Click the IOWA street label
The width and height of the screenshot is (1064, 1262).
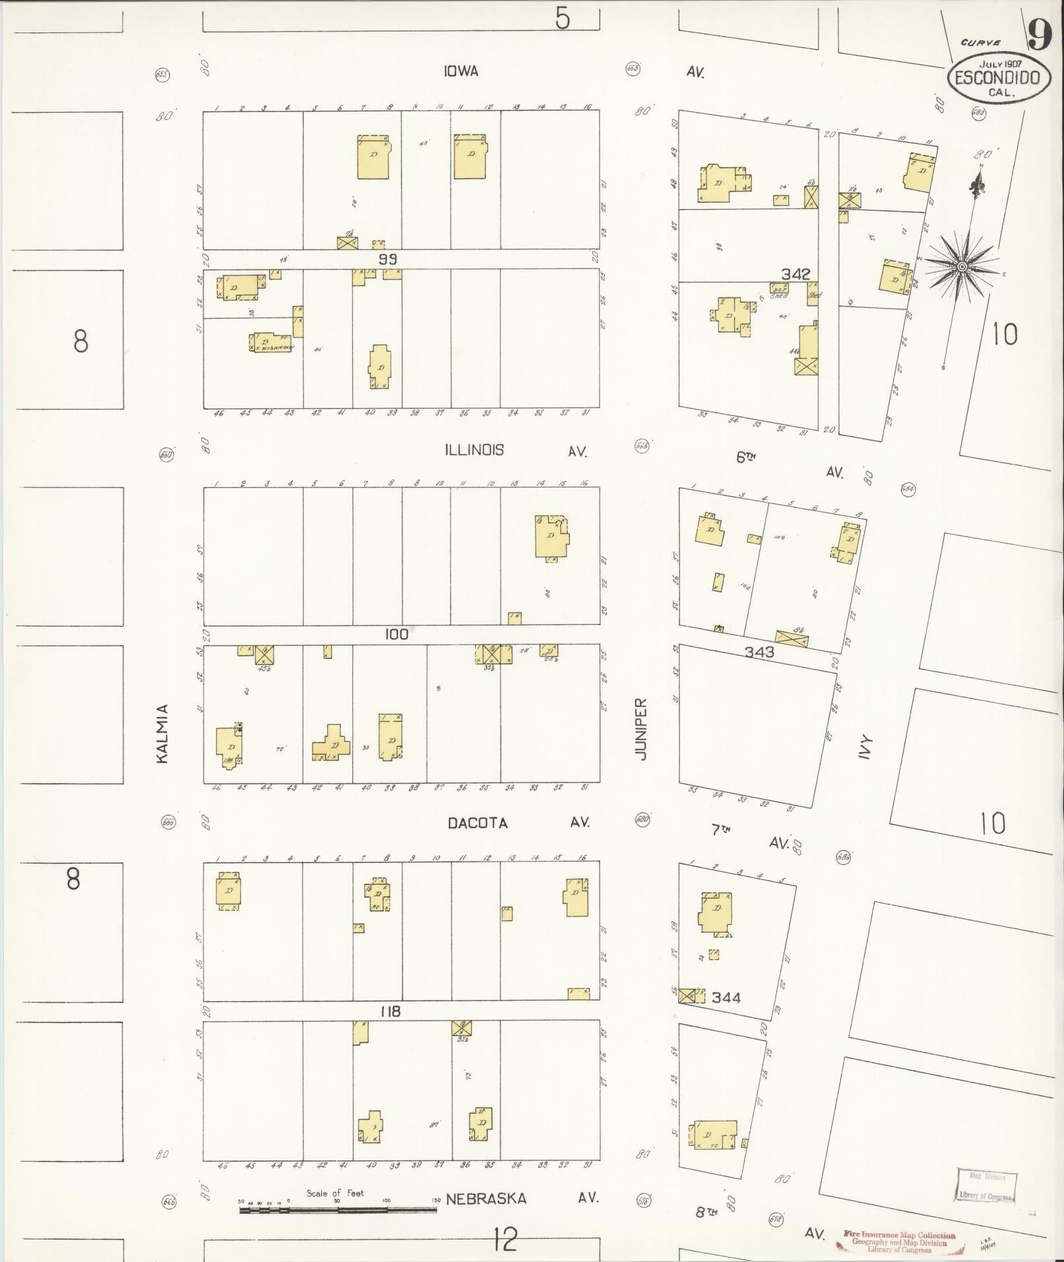pyautogui.click(x=460, y=71)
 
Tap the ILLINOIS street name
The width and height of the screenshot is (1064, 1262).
pyautogui.click(x=474, y=450)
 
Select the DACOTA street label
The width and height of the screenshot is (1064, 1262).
pyautogui.click(x=478, y=823)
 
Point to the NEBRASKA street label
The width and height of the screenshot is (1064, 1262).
pyautogui.click(x=486, y=1199)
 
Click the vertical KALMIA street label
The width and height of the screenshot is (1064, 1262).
pyautogui.click(x=162, y=734)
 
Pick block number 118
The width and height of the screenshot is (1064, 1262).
pyautogui.click(x=391, y=1011)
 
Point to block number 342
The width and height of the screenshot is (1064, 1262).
pyautogui.click(x=796, y=274)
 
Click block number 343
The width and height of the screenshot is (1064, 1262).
pyautogui.click(x=759, y=652)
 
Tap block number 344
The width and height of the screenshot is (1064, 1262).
pyautogui.click(x=726, y=1016)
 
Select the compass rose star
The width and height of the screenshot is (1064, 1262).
pyautogui.click(x=962, y=266)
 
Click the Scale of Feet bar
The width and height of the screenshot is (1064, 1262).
pyautogui.click(x=338, y=1210)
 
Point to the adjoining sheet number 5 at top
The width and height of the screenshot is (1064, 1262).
pyautogui.click(x=561, y=18)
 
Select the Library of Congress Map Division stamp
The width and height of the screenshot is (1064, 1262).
pyautogui.click(x=986, y=1187)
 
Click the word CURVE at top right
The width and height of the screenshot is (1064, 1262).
pyautogui.click(x=981, y=43)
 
